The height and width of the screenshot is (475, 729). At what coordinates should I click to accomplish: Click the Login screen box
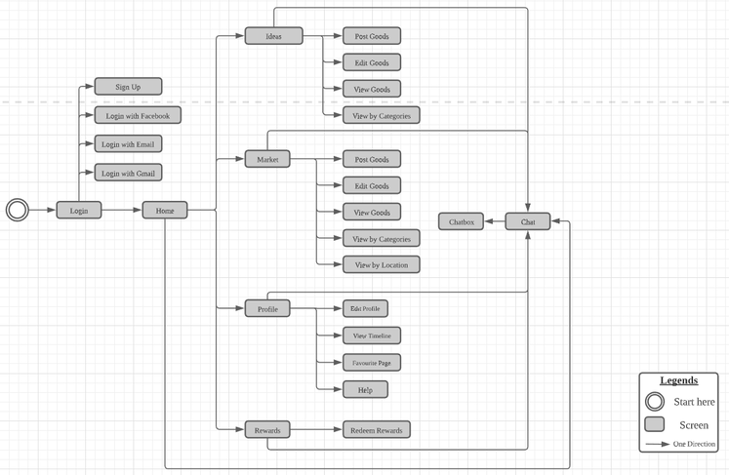(79, 210)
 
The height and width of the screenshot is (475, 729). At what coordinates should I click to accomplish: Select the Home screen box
(165, 210)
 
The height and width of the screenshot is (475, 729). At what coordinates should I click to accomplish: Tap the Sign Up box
(128, 87)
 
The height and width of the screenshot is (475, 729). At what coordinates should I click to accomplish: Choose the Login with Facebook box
(138, 115)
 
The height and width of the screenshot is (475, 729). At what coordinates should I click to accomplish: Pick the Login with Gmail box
(128, 173)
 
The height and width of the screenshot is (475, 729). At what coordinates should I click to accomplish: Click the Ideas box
(273, 36)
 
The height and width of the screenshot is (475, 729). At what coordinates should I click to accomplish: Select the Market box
(267, 159)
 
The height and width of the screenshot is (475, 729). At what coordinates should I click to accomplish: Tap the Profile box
(267, 308)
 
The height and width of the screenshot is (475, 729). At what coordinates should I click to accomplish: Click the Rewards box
(267, 430)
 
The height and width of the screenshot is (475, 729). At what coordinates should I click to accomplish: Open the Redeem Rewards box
(377, 430)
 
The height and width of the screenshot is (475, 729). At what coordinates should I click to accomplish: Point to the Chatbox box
(462, 221)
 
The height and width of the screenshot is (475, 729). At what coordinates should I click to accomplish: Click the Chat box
(528, 221)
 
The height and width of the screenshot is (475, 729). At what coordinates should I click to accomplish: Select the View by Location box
(382, 264)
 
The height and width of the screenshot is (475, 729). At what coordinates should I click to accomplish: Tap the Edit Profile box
(365, 308)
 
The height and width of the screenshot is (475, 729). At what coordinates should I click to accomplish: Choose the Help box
(365, 390)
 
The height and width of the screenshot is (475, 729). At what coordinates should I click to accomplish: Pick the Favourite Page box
(372, 363)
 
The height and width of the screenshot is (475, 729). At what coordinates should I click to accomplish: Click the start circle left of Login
(18, 210)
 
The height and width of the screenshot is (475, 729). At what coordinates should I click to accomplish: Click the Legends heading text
(679, 380)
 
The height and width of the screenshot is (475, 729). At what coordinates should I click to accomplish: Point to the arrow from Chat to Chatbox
(495, 221)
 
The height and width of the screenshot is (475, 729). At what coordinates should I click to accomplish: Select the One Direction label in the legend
(694, 444)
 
